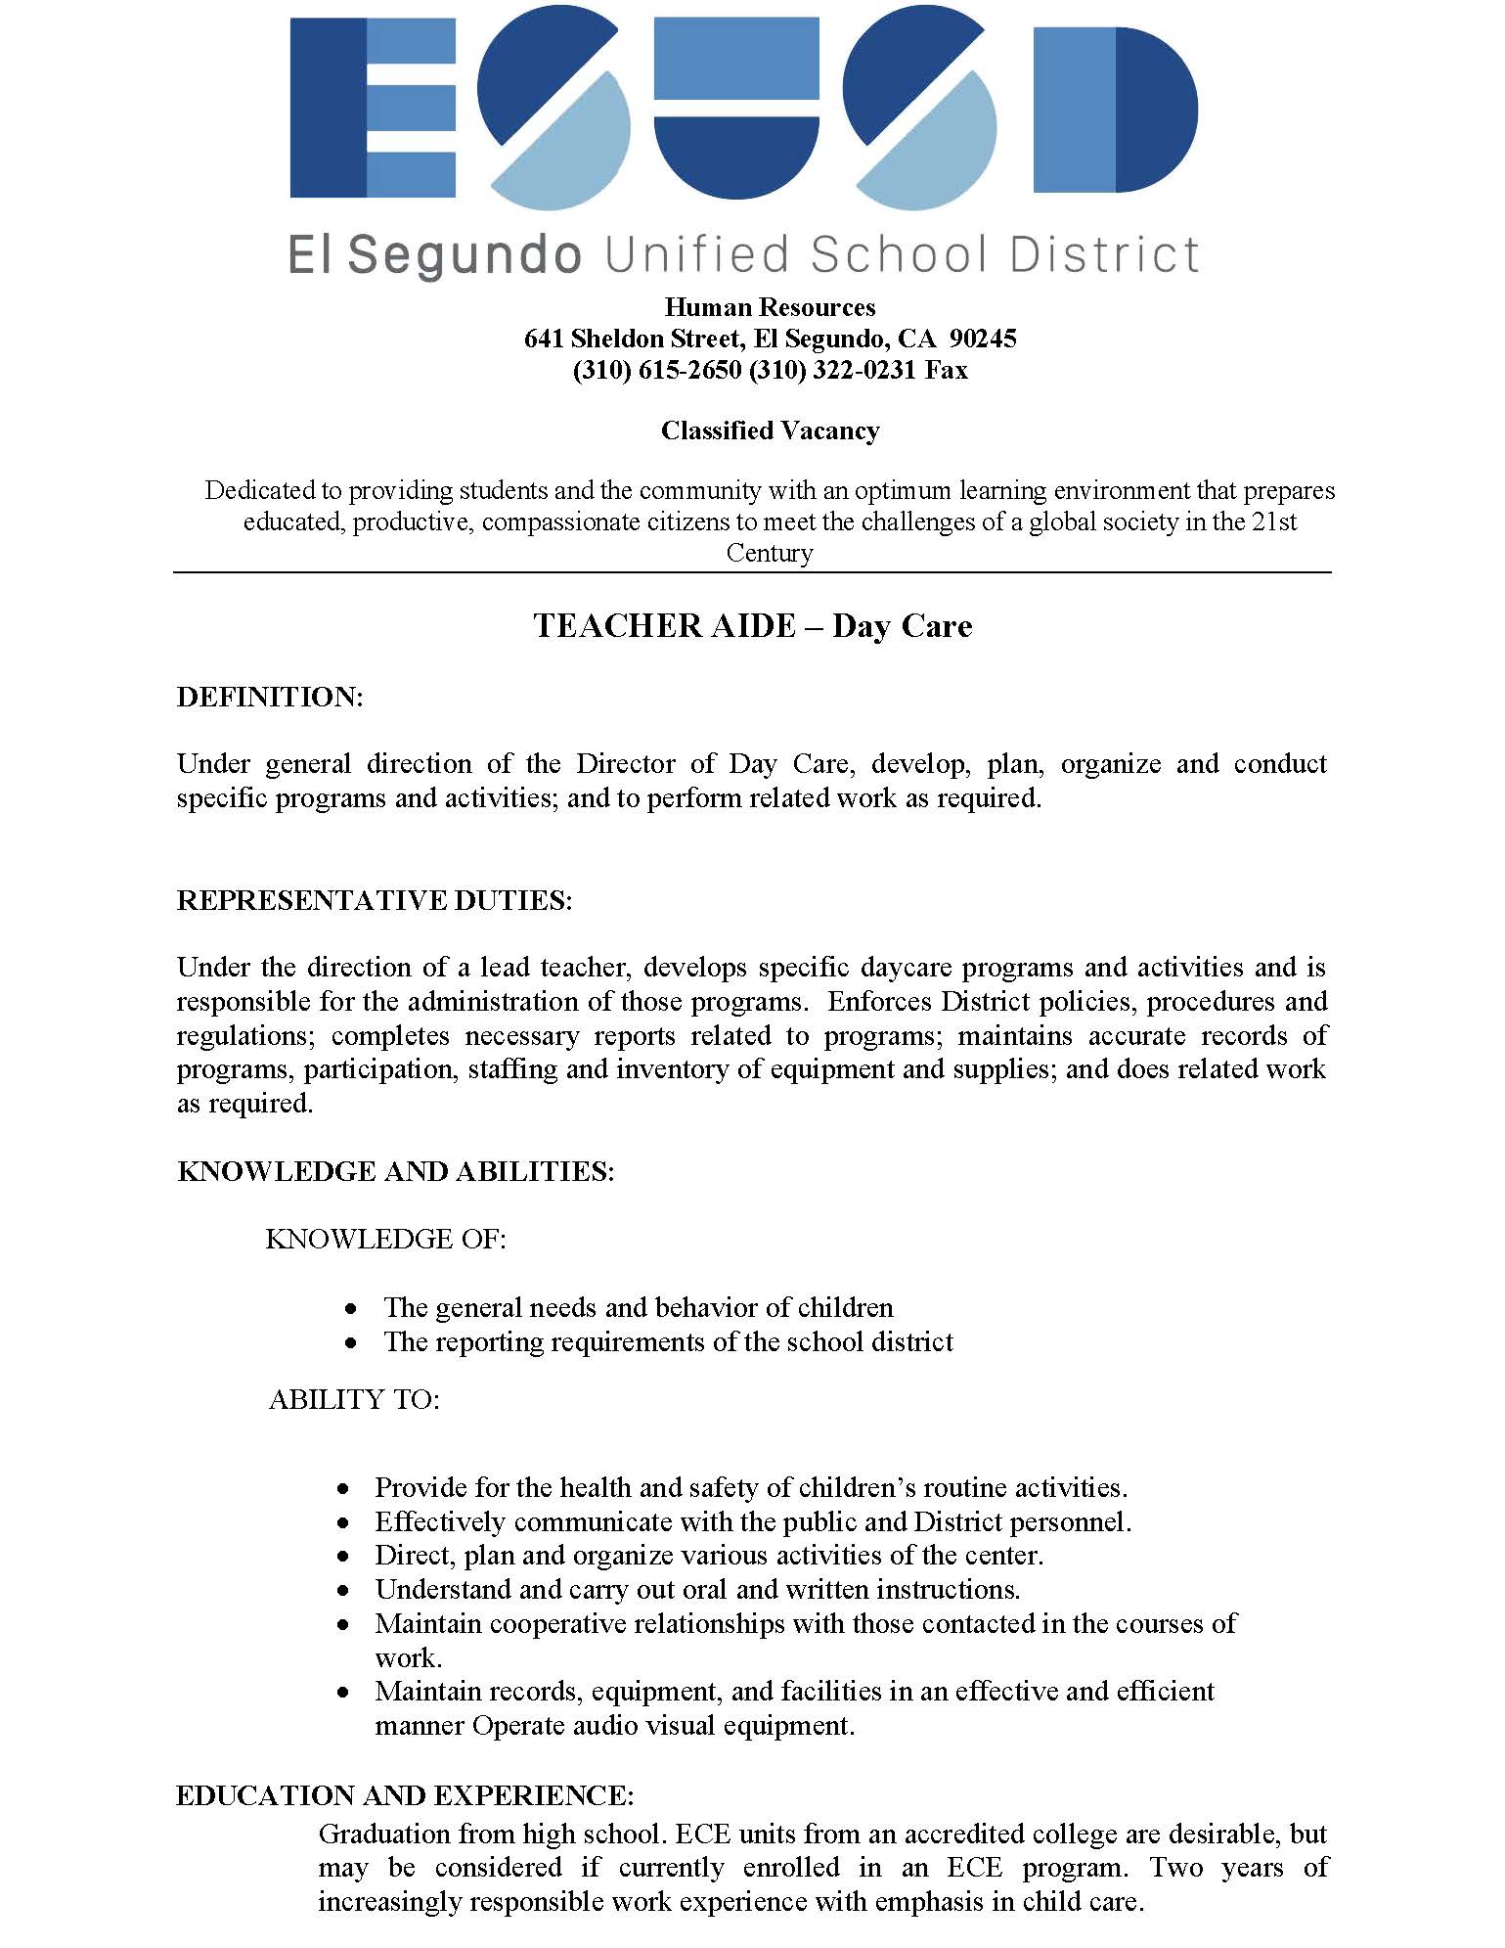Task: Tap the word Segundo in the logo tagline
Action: click(465, 256)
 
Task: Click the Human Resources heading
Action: click(770, 307)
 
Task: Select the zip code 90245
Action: click(983, 339)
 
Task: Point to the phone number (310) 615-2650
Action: click(657, 370)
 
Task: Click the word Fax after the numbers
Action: click(947, 370)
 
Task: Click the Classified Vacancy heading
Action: click(770, 430)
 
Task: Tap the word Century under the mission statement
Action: click(770, 553)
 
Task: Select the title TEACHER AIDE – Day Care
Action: click(752, 625)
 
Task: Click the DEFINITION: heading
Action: click(270, 697)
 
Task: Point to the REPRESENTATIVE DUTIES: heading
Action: click(375, 900)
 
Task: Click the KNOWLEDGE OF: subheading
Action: click(385, 1239)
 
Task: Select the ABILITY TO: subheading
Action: click(354, 1399)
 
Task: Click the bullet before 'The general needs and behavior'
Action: click(351, 1309)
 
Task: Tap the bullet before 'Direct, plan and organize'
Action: click(343, 1556)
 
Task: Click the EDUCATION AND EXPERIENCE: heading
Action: click(405, 1795)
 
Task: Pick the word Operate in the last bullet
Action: click(518, 1725)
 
